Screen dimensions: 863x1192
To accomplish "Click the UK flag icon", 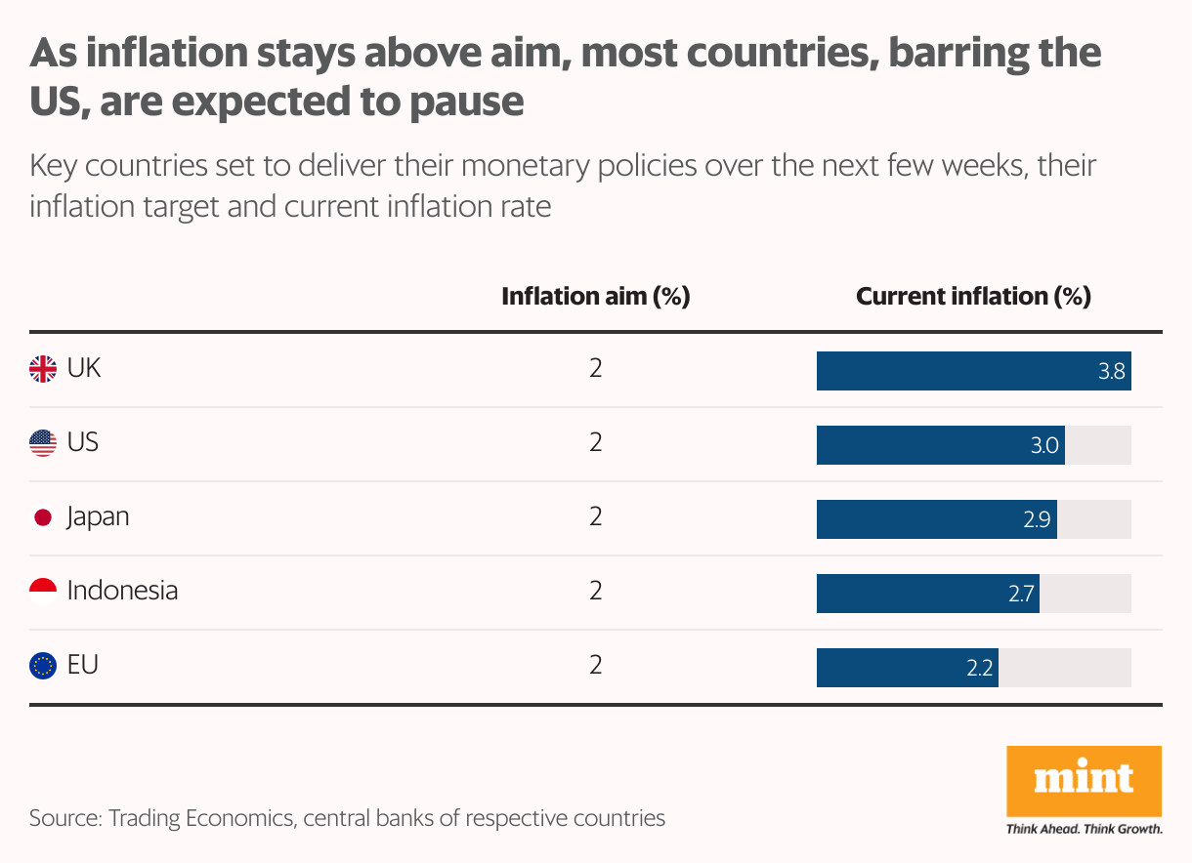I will click(43, 369).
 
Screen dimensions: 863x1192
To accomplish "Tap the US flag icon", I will click(43, 443).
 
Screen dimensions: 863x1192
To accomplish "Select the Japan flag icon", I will click(43, 517).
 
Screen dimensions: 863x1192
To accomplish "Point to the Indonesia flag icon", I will click(43, 592).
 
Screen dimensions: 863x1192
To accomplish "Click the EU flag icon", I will click(43, 666).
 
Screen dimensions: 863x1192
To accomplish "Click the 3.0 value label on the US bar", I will click(1044, 446).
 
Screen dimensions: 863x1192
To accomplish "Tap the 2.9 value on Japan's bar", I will click(1037, 520).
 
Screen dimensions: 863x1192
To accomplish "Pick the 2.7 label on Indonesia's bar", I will click(1021, 595).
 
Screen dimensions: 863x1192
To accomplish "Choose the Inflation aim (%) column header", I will click(595, 297).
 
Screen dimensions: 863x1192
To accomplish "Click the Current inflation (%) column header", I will click(973, 297).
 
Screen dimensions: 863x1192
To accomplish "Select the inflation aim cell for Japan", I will click(596, 516).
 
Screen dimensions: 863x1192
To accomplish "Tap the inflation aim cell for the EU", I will click(596, 665).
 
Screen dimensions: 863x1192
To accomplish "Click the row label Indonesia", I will click(122, 591).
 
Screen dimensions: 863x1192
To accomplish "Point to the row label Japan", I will click(98, 516).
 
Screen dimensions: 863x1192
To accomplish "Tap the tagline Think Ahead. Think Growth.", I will click(1084, 830).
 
